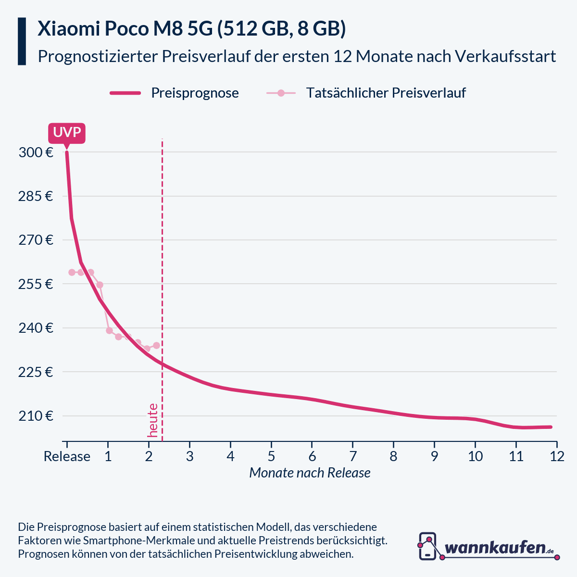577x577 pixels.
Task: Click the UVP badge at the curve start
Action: pos(66,133)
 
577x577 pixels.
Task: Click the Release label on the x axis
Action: pos(67,456)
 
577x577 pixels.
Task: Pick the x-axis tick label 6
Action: pos(312,456)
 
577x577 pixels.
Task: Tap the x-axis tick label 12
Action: pos(557,456)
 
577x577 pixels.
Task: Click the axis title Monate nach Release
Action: pos(310,473)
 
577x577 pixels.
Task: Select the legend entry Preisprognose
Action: pos(195,93)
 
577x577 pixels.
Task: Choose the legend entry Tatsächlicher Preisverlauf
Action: pos(386,93)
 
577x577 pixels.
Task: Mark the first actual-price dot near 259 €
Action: pos(72,272)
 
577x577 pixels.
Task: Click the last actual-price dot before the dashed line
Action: pos(156,345)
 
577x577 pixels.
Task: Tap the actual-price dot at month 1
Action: pos(109,330)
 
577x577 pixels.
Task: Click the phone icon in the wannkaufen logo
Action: pos(427,546)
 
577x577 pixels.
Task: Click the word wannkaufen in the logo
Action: pos(495,547)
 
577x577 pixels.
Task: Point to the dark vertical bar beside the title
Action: pos(22,41)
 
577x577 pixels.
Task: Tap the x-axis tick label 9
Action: pos(434,456)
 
